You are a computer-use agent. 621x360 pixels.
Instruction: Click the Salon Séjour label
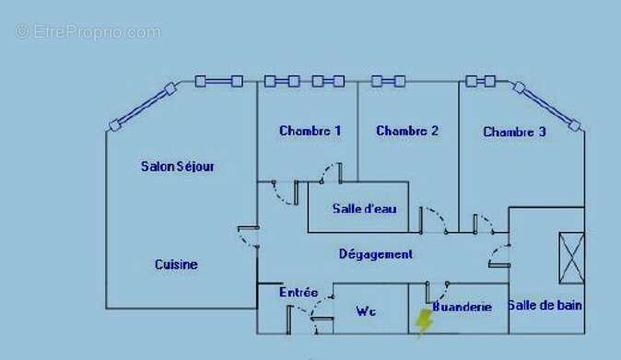pos(178,167)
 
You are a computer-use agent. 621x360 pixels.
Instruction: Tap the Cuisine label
pos(176,264)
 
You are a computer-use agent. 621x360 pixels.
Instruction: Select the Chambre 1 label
pos(310,131)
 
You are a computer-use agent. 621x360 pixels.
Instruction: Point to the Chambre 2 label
pos(407,131)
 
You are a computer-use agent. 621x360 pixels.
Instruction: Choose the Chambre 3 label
pos(514,132)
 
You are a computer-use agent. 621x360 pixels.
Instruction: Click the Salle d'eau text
pos(364,208)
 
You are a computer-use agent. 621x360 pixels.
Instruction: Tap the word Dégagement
pos(375,254)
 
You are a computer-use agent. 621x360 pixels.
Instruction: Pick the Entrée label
pos(299,293)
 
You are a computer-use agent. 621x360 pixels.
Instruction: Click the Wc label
pos(366,311)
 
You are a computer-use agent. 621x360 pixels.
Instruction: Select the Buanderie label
pos(463,307)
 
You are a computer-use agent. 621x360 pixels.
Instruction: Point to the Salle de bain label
pos(545,306)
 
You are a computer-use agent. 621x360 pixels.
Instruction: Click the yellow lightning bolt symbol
pos(424,322)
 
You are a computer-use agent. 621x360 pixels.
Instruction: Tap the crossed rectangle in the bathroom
pos(571,258)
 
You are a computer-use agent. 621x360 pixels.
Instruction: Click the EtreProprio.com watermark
pos(88,31)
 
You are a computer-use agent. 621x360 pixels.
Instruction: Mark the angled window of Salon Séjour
pos(142,107)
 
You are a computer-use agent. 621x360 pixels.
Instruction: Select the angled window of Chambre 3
pos(547,107)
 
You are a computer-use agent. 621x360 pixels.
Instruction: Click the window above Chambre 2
pos(388,81)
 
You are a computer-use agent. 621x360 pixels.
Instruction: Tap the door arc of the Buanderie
pos(440,295)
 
